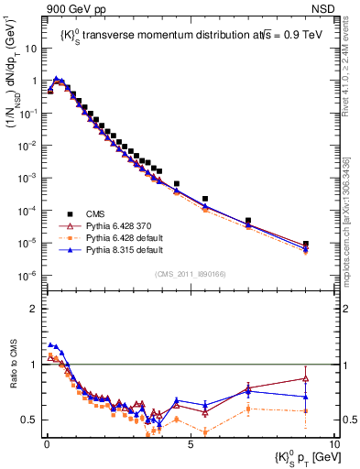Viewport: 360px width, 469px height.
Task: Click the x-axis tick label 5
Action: click(190, 442)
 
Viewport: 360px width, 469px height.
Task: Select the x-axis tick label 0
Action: click(47, 442)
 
